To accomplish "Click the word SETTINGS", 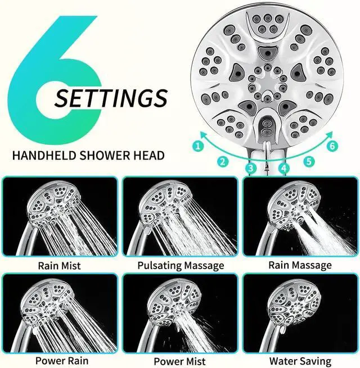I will tap(111, 98).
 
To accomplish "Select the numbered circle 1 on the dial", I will tap(197, 147).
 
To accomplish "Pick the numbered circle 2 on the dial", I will tap(223, 161).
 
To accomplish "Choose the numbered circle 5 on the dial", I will tap(309, 161).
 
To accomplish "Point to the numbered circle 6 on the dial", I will tap(332, 146).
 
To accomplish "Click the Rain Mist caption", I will tap(59, 265).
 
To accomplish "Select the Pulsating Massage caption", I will tap(180, 265).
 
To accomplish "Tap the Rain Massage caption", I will tap(300, 265).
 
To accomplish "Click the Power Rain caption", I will tap(59, 360).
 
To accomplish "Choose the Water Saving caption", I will tap(300, 361).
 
